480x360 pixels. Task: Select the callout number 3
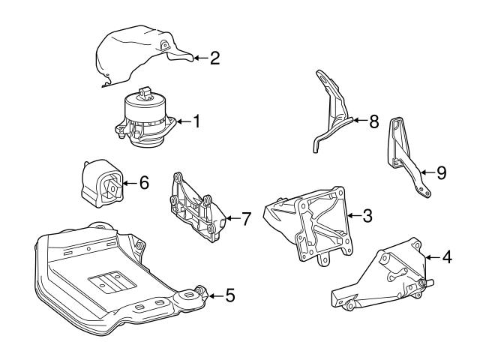tap(367, 217)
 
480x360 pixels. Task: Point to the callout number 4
tap(446, 258)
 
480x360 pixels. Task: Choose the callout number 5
tap(229, 295)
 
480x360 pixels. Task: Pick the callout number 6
tap(144, 182)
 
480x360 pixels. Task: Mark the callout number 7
tap(245, 219)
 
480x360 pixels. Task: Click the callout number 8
tap(374, 120)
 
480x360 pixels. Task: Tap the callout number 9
tap(441, 173)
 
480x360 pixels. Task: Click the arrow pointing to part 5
tap(214, 295)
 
